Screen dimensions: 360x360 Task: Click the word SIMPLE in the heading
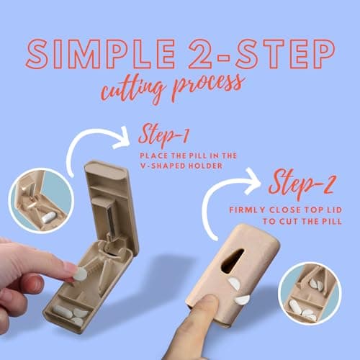coord(101,54)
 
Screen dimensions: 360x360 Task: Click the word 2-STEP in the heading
coord(261,54)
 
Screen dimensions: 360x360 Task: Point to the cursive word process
coord(208,86)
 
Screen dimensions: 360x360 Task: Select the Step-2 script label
coord(301,184)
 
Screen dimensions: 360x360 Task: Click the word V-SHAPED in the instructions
coord(163,166)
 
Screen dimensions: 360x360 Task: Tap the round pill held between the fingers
coord(80,274)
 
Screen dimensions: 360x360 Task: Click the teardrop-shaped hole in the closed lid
coord(232,261)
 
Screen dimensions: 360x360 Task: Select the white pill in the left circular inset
coord(49,217)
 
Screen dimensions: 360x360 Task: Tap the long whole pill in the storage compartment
coord(63,311)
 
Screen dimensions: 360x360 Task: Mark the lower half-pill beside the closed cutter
coord(242,300)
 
